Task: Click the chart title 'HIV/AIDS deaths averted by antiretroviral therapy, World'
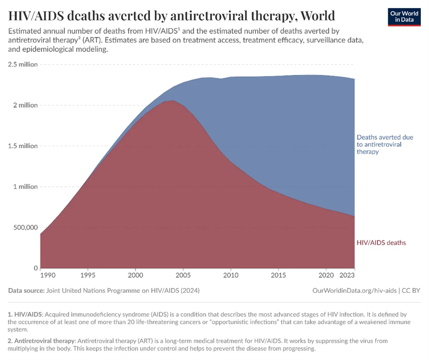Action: (172, 16)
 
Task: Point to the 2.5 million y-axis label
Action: (23, 65)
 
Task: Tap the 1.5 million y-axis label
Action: (23, 146)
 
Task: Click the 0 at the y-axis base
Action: (35, 268)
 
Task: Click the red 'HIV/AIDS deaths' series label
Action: (381, 243)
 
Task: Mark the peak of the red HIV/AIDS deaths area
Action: (171, 100)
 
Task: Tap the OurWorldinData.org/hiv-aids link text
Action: (354, 290)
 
